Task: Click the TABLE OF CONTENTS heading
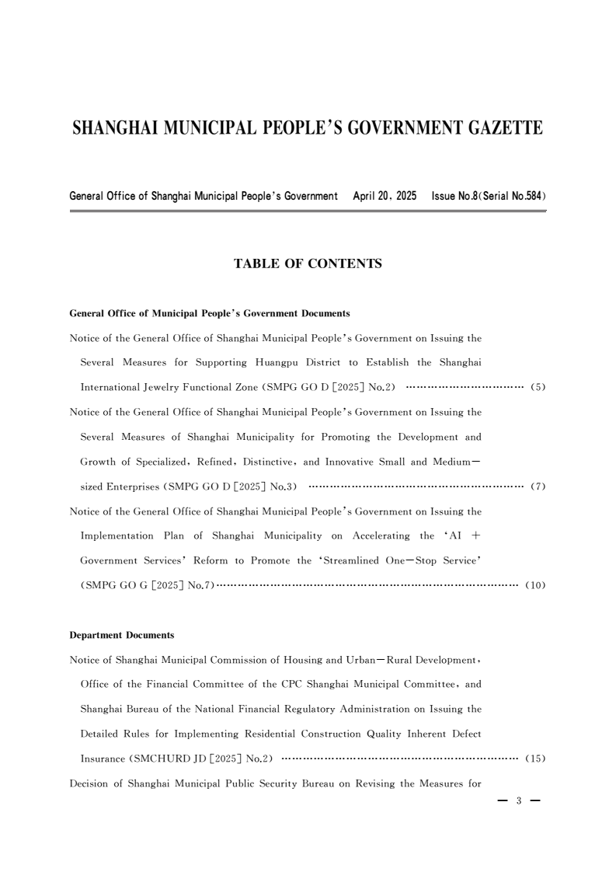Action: tap(308, 264)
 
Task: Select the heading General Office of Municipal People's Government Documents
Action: tap(210, 314)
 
